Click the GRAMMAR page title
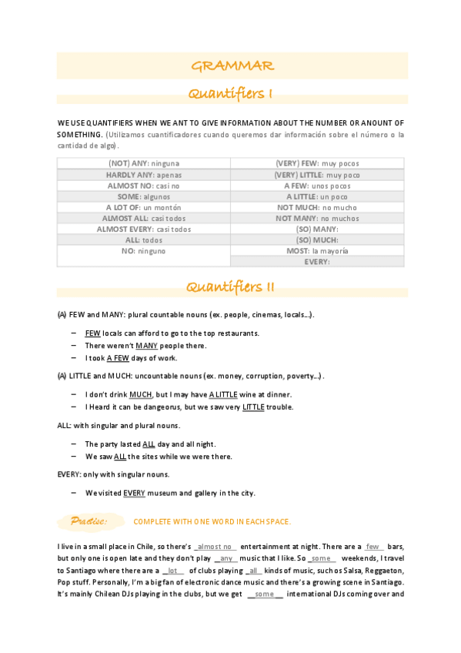coord(232,65)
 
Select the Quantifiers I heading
coord(232,94)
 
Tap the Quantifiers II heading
coord(232,287)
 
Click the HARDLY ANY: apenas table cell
coord(144,175)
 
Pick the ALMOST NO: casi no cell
coord(144,186)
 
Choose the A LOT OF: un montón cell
coord(144,207)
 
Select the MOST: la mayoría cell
coord(317,251)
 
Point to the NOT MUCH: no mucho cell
coord(317,207)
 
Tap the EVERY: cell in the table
coord(317,262)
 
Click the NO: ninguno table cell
coord(144,251)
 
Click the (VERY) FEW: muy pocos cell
coord(317,163)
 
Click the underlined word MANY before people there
coord(146,346)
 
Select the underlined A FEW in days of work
coord(118,358)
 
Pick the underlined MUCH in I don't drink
coord(140,394)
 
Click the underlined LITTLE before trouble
coord(253,407)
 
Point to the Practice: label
coord(88,521)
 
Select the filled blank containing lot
coord(173,571)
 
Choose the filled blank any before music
coord(226,558)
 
